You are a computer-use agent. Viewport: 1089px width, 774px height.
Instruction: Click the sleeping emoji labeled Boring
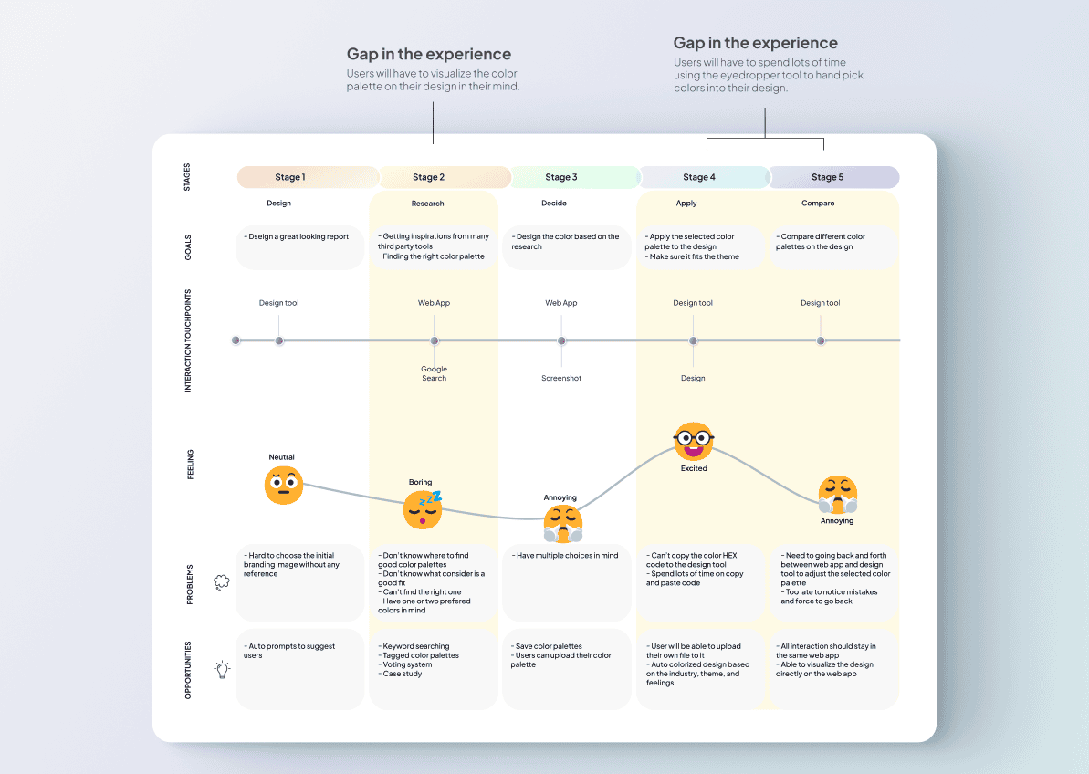[423, 509]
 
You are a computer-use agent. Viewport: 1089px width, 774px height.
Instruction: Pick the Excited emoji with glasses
[694, 442]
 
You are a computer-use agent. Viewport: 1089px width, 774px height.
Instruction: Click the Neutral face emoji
[284, 485]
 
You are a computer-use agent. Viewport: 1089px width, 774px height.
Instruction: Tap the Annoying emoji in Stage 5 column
[837, 495]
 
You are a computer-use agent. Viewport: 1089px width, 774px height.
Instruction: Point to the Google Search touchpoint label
[435, 373]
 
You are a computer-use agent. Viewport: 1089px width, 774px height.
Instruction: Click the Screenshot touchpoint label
[561, 378]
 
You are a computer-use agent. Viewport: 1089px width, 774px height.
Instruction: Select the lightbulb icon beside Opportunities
[222, 669]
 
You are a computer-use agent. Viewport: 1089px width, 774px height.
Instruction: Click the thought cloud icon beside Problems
[222, 582]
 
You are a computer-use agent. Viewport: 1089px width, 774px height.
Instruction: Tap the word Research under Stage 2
[427, 204]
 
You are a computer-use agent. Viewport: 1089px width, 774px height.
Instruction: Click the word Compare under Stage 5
[818, 204]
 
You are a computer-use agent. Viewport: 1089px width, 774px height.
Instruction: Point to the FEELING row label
[190, 465]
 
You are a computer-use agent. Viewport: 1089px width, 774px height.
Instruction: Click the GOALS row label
[190, 247]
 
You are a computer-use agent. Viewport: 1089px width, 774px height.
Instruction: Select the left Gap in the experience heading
[429, 54]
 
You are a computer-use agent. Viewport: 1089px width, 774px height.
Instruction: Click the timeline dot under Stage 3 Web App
[561, 340]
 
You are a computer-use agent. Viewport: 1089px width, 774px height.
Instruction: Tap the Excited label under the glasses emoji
[694, 468]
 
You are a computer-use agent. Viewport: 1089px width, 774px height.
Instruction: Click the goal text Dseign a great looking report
[298, 237]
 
